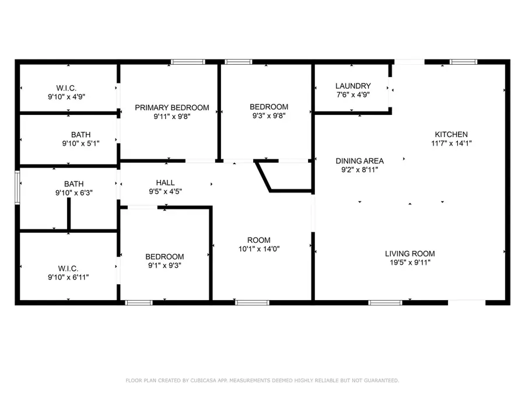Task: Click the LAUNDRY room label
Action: pos(353,86)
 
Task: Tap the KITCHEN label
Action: pos(451,135)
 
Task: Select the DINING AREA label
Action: pos(359,161)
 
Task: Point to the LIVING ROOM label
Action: pos(410,254)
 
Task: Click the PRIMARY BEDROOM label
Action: pos(171,108)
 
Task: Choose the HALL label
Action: pos(165,183)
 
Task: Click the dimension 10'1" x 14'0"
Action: pos(259,249)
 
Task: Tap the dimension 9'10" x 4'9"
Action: pos(66,97)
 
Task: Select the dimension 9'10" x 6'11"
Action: pos(68,277)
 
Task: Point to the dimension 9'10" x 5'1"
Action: pos(80,144)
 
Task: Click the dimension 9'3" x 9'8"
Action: pos(269,116)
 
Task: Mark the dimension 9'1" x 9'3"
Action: pos(164,266)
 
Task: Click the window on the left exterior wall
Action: pos(17,187)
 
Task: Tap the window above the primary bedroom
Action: pos(188,62)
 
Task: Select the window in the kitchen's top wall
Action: pos(463,62)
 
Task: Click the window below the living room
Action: pos(385,303)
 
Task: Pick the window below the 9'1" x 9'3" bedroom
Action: pos(139,303)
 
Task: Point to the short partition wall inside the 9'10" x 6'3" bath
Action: pos(69,214)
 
